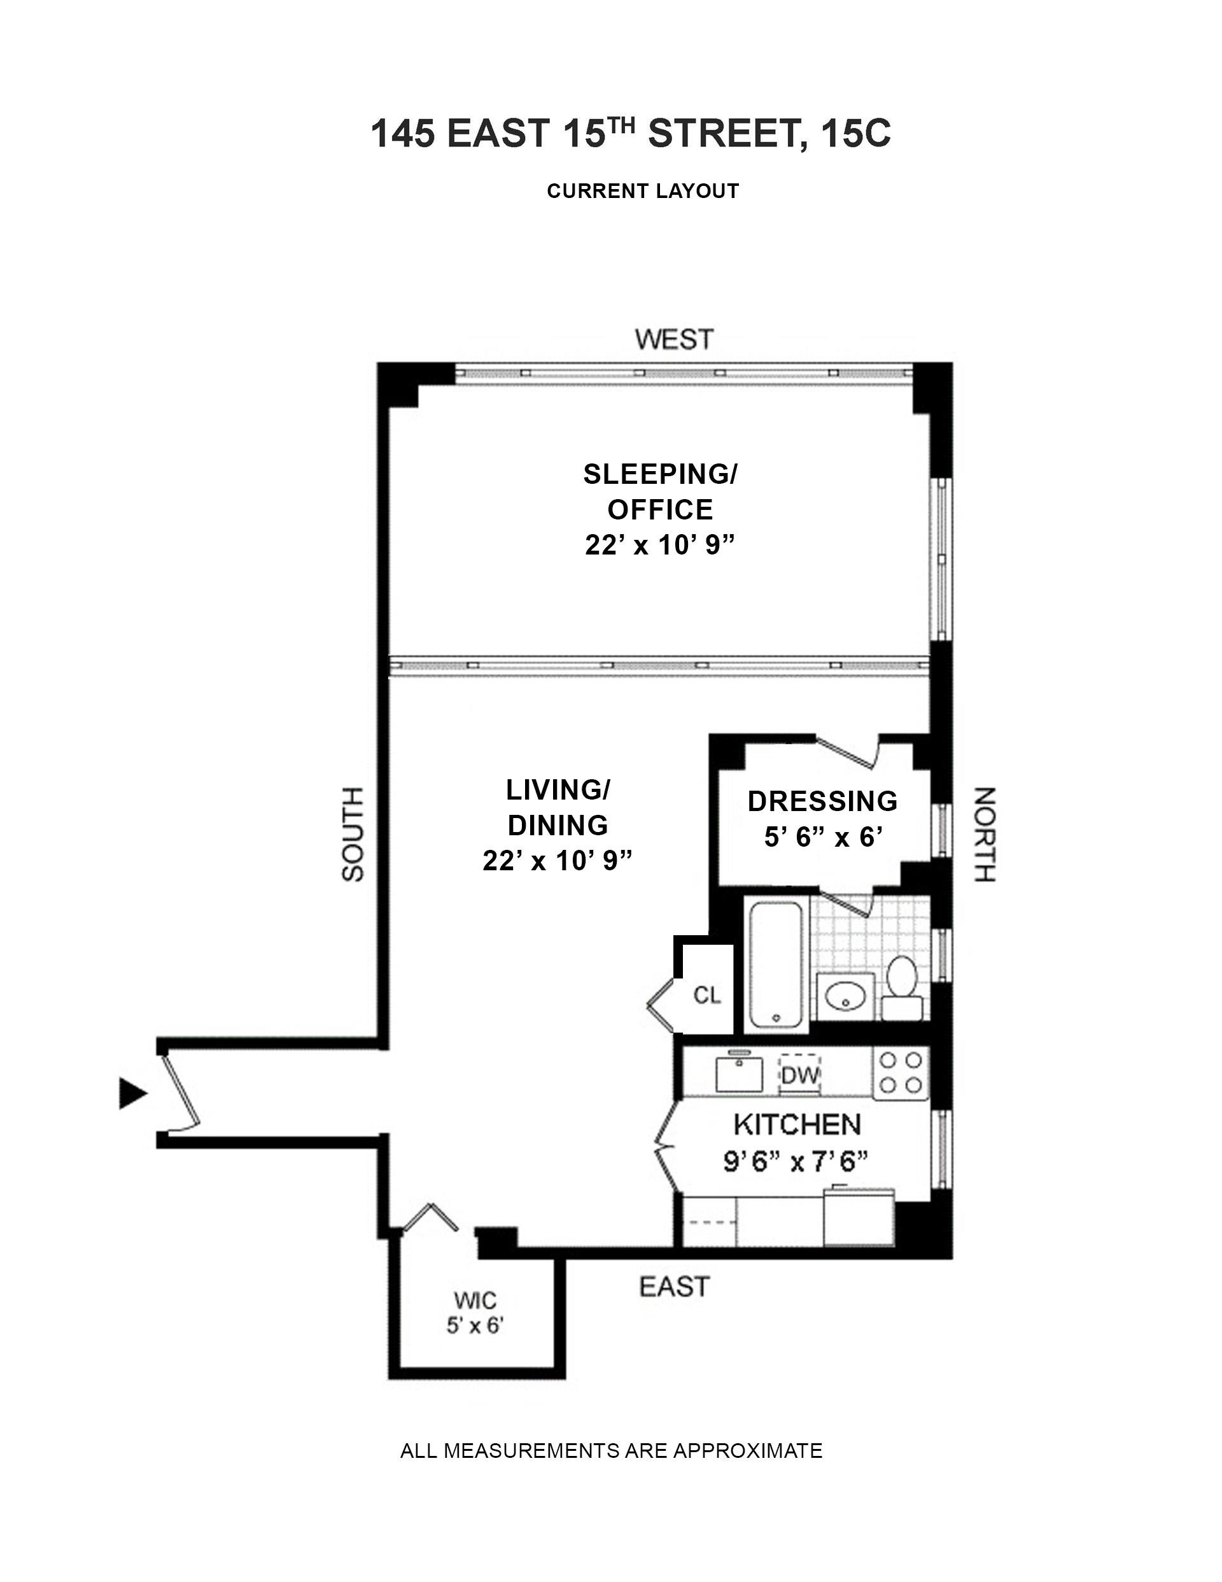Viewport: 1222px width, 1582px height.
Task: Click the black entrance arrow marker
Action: point(132,1093)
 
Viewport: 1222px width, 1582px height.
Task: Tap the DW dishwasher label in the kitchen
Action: point(799,1076)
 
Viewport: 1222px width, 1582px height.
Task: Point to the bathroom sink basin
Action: point(845,998)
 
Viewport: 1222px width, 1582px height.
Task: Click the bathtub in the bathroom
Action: point(776,963)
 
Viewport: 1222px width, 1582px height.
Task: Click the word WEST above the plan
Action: point(673,339)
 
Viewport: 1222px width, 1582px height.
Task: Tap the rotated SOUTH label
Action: point(353,834)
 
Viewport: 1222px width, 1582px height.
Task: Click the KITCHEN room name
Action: point(797,1125)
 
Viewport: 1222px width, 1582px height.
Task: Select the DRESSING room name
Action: point(822,801)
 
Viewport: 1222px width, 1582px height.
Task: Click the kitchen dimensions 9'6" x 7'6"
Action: point(796,1162)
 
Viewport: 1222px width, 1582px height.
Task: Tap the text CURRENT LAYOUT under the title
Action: point(643,191)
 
